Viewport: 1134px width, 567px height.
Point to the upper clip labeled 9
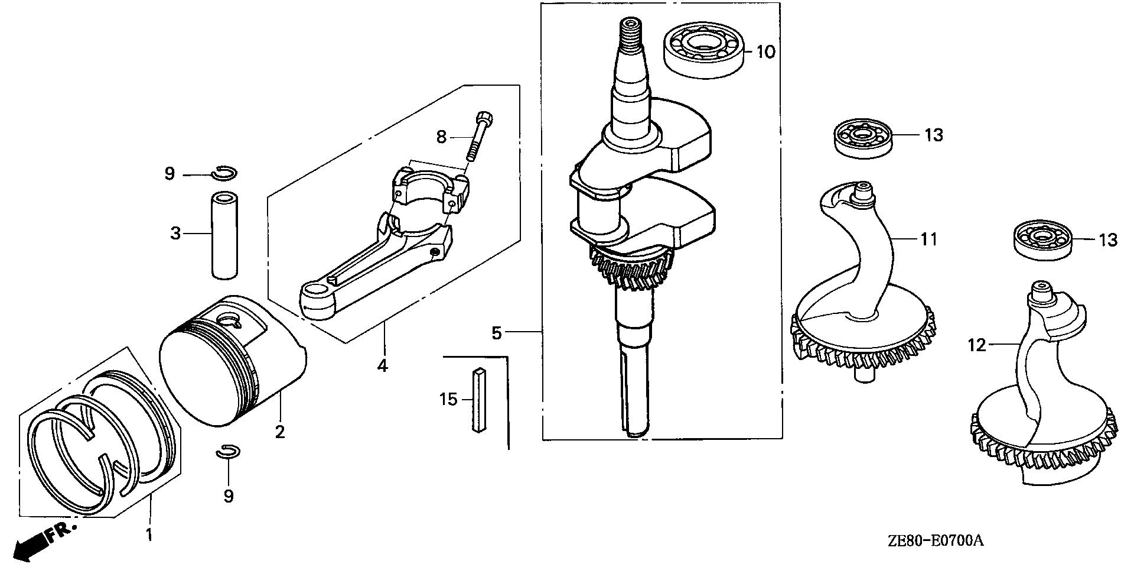(x=225, y=173)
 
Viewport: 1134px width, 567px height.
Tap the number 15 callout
(x=448, y=400)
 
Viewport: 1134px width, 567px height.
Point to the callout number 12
(x=977, y=345)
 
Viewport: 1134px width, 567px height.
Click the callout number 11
(x=928, y=239)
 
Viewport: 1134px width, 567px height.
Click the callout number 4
(x=383, y=366)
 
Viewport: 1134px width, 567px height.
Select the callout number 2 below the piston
(x=280, y=432)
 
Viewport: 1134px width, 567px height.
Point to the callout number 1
(x=149, y=536)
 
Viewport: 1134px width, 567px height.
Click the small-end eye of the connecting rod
(x=318, y=293)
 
